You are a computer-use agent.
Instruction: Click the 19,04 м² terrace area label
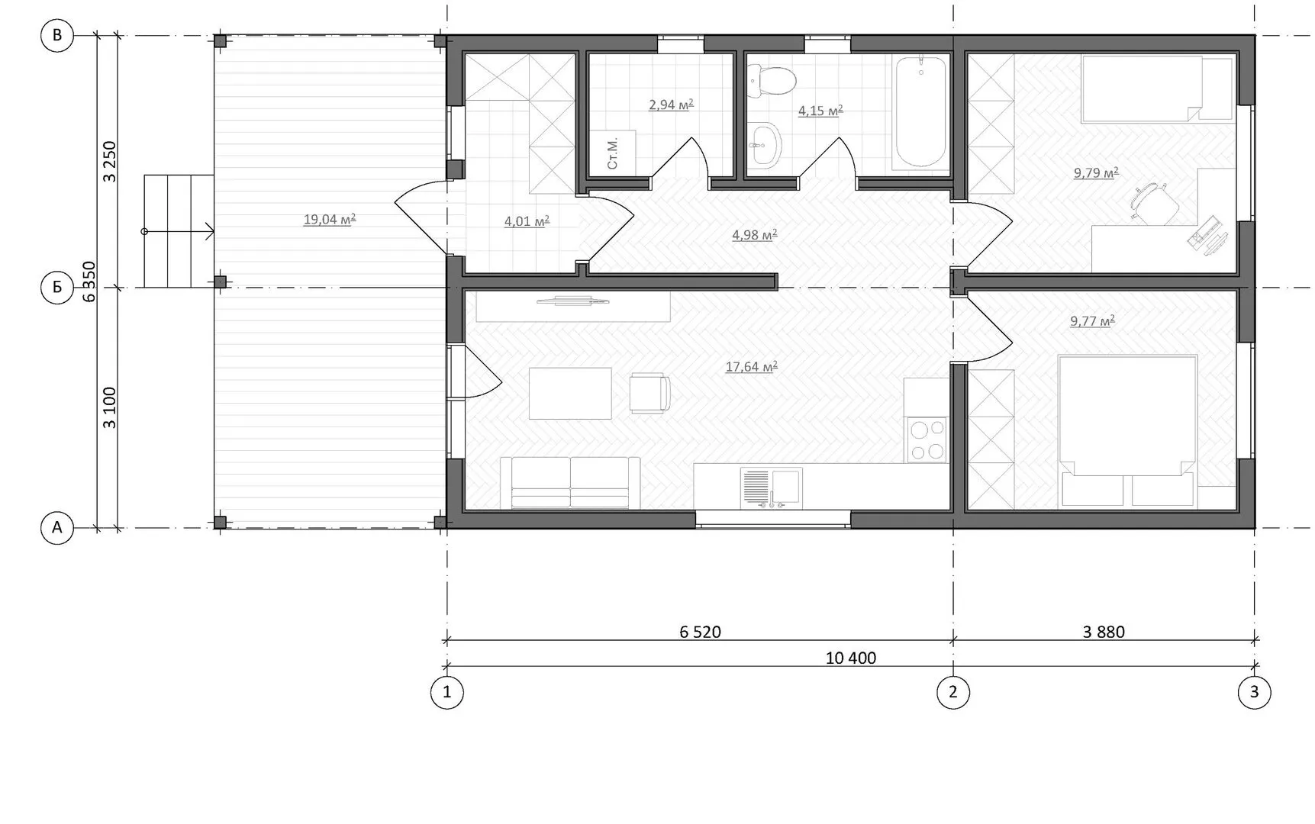tap(330, 220)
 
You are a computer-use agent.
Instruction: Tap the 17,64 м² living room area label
tap(752, 367)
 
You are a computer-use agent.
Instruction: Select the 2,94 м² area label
tap(671, 105)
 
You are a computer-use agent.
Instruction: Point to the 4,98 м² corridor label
tap(755, 235)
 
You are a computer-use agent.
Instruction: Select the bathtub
tap(920, 111)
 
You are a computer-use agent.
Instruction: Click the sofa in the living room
tap(570, 483)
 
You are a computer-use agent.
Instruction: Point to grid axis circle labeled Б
tap(56, 288)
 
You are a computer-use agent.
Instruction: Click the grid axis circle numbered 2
tap(952, 693)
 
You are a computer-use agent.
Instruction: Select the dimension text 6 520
tap(700, 632)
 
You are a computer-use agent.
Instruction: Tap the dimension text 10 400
tap(851, 658)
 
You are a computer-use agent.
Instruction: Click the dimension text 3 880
tap(1104, 632)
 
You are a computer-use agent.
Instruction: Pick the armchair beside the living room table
tap(649, 393)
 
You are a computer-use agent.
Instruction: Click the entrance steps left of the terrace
tap(179, 231)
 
